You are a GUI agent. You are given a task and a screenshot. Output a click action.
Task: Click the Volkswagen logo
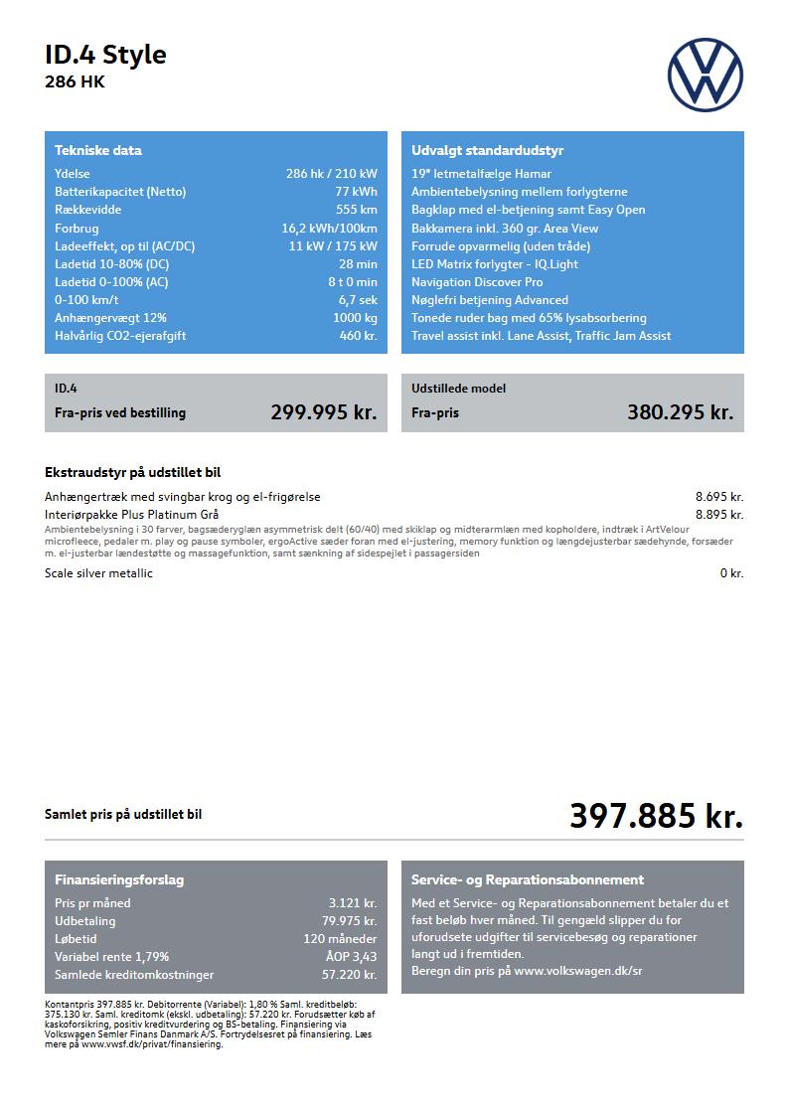click(705, 75)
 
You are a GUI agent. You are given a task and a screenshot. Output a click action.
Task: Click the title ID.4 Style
click(105, 55)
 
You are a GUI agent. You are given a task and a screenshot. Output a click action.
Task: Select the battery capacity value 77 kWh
click(356, 192)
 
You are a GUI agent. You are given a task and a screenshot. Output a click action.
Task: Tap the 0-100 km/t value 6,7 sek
click(358, 300)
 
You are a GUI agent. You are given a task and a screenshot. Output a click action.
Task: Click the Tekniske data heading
click(98, 151)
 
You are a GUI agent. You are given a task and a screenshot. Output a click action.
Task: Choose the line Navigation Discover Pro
click(477, 282)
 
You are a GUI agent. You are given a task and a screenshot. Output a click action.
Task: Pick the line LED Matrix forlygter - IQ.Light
click(494, 264)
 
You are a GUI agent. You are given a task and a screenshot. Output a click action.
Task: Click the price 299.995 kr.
click(323, 412)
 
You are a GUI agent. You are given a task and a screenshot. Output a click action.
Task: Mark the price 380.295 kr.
click(680, 412)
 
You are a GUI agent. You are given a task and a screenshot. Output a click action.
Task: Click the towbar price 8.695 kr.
click(718, 497)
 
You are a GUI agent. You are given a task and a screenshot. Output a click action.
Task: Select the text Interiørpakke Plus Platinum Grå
click(132, 515)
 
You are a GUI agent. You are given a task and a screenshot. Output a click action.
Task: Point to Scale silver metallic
click(99, 573)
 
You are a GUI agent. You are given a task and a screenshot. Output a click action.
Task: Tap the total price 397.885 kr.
click(656, 816)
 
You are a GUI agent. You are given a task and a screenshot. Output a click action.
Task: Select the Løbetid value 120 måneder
click(340, 939)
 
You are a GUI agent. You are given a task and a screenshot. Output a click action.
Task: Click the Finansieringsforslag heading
click(119, 880)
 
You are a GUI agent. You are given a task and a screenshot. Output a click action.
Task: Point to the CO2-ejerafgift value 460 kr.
click(358, 336)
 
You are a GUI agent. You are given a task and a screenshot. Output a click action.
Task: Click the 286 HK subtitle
click(75, 82)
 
